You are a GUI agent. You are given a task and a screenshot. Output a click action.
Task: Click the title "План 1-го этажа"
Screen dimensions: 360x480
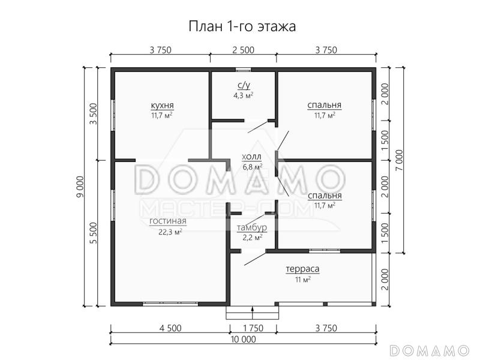point(242,26)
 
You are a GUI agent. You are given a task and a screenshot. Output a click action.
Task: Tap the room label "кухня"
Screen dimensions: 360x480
point(162,106)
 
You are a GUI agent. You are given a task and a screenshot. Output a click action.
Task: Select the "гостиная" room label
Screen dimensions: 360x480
point(167,221)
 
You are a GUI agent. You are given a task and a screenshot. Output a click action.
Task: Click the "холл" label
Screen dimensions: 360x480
point(252,157)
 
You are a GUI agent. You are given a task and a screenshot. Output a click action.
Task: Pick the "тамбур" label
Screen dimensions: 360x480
point(252,228)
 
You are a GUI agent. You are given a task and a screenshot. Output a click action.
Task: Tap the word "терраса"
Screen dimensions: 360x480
point(302,269)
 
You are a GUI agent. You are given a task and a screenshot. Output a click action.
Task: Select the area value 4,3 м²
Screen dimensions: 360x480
point(243,95)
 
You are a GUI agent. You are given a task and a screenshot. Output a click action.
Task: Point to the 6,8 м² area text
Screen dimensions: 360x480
point(252,167)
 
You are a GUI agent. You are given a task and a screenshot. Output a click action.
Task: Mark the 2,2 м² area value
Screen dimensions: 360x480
point(252,238)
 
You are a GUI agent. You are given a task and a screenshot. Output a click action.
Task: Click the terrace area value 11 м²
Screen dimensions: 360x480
point(302,280)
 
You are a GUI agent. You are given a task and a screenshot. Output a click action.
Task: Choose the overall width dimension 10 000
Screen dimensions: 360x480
point(242,339)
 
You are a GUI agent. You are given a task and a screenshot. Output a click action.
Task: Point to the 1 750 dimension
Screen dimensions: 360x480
point(253,327)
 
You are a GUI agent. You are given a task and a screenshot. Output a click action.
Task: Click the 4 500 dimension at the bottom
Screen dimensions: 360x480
point(170,327)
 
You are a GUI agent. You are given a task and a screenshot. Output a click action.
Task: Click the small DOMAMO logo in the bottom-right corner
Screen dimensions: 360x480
point(428,349)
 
